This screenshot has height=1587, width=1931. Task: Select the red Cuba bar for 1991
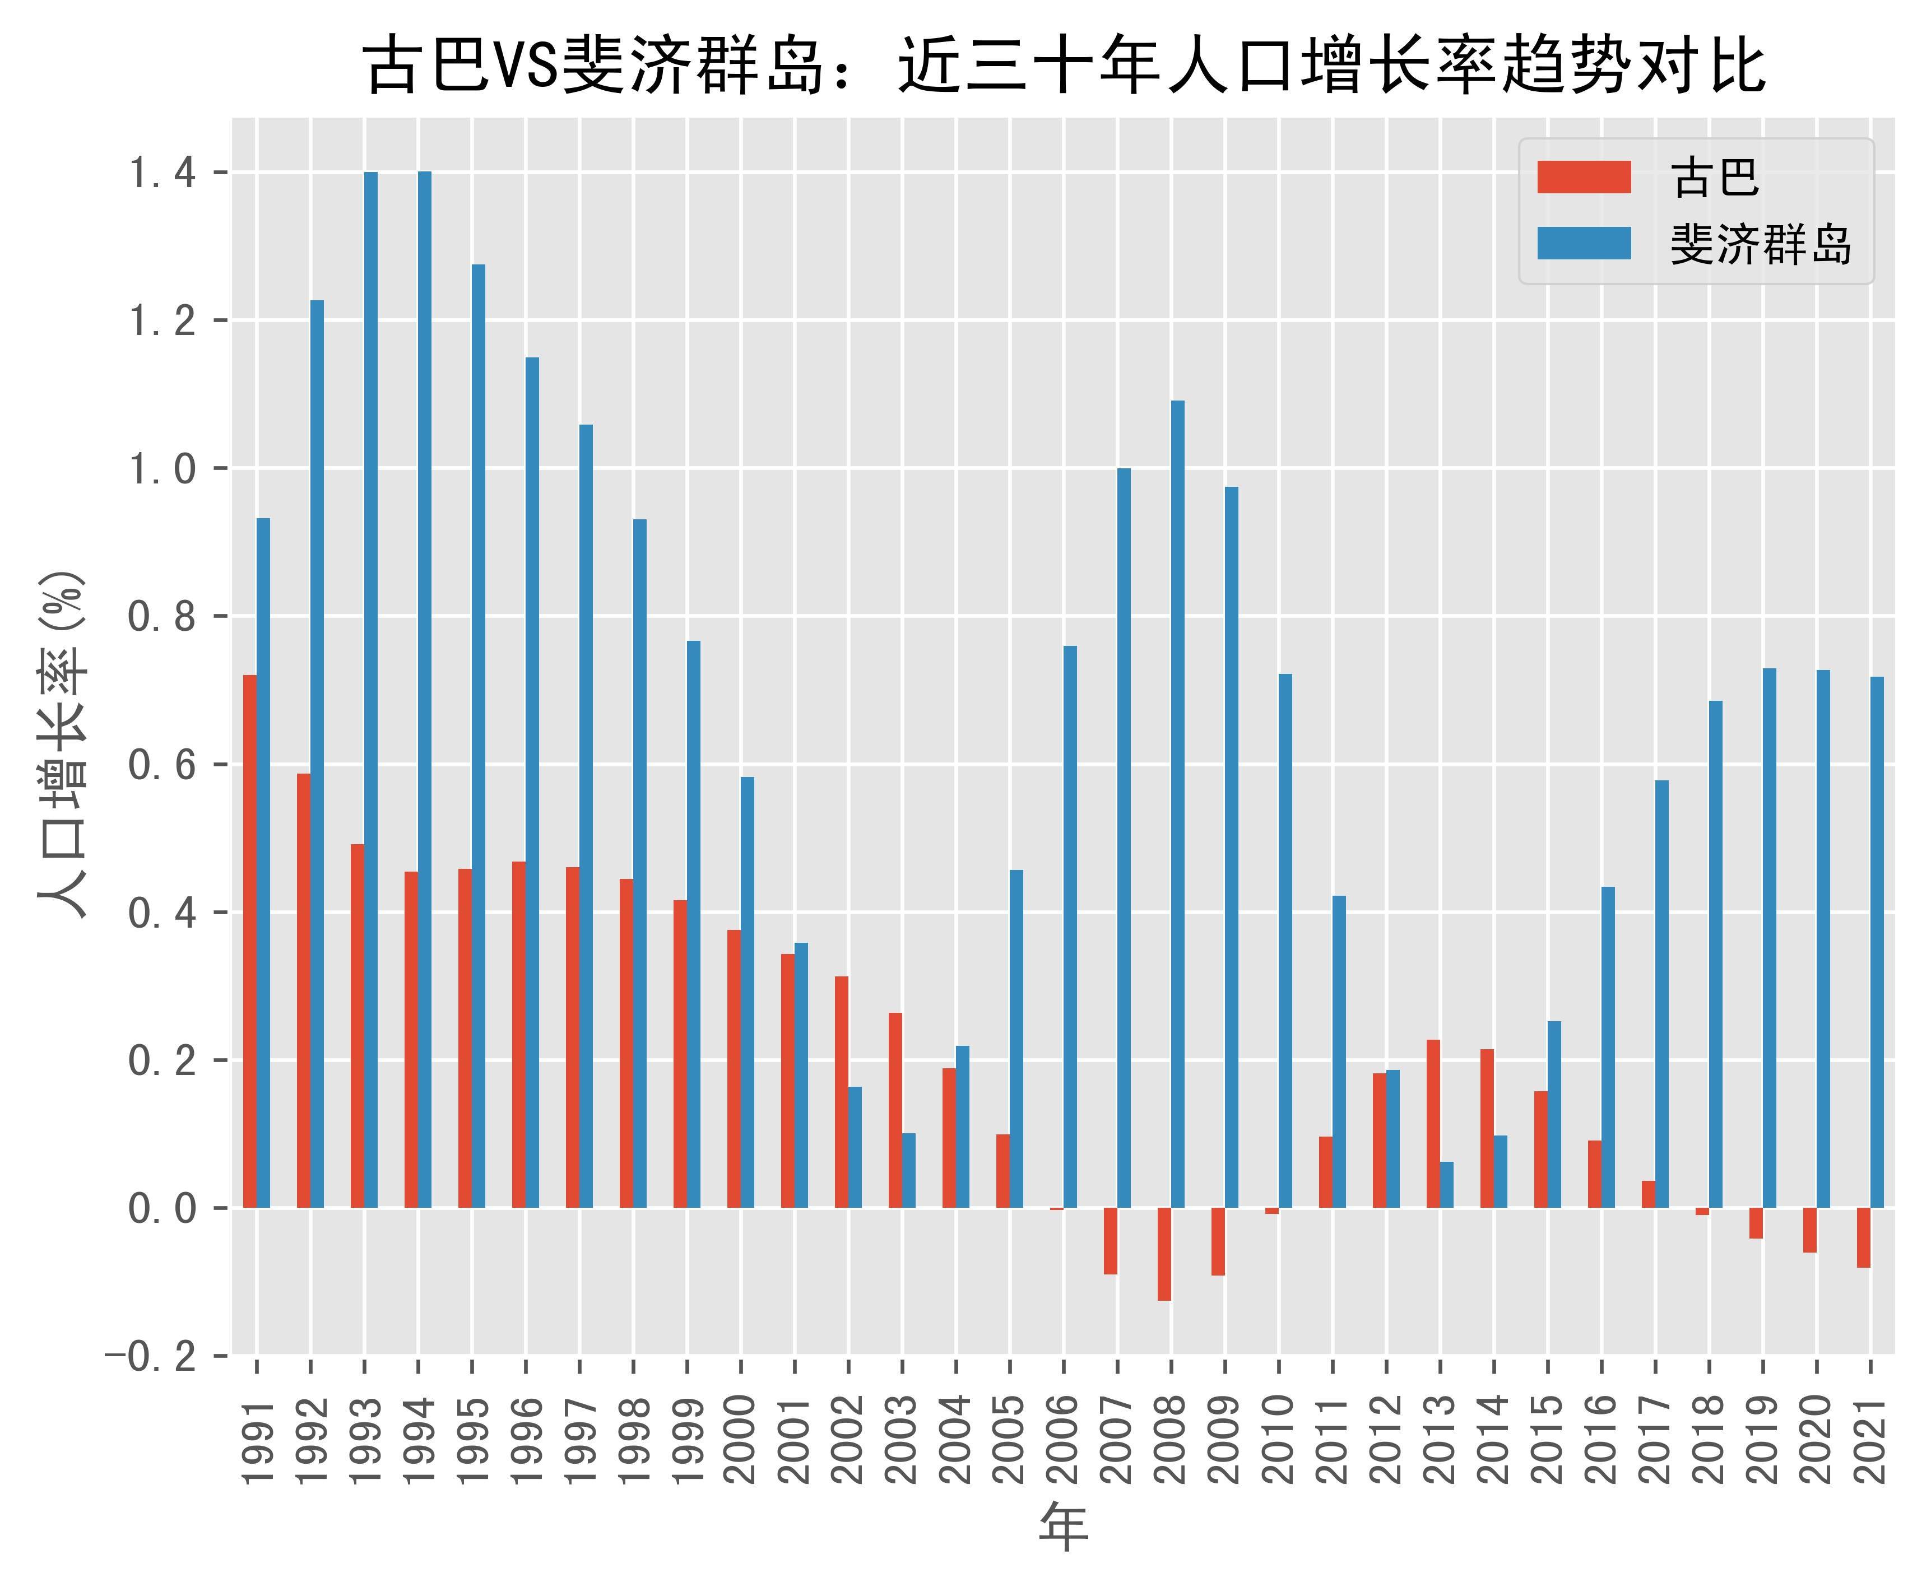[249, 942]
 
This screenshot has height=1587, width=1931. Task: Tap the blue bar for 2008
[1178, 804]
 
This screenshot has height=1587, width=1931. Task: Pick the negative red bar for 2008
[1164, 1254]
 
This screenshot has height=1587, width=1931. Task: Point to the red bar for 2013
[1433, 1124]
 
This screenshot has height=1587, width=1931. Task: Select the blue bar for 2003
[909, 1170]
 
